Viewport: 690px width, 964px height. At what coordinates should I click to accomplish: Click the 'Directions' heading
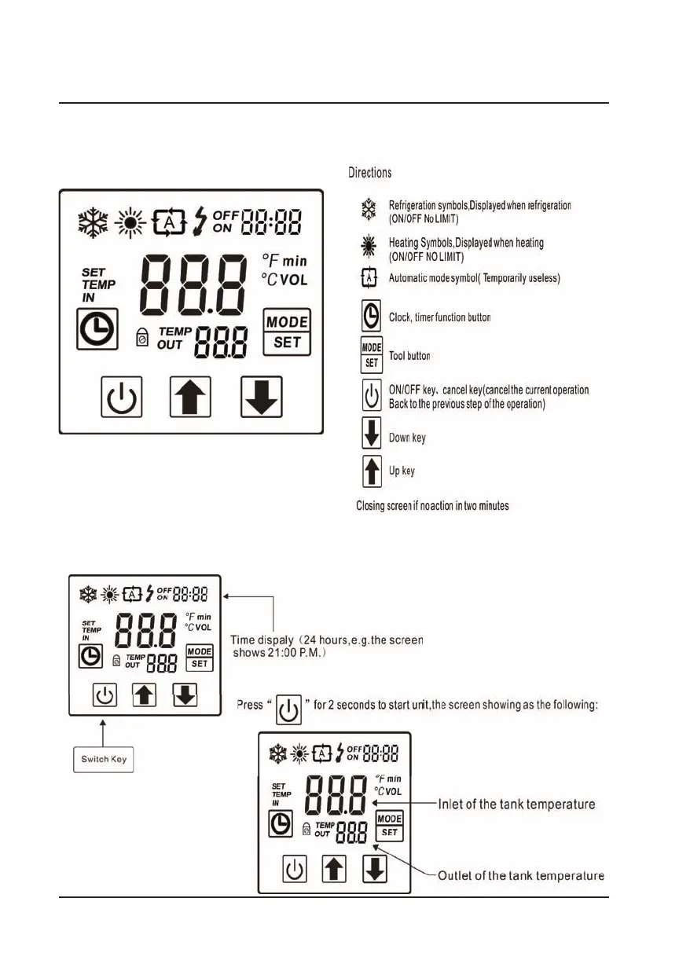(x=370, y=173)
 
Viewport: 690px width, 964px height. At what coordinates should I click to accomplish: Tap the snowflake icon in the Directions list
(x=368, y=209)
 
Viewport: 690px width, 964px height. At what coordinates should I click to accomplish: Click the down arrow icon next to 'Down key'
(x=370, y=437)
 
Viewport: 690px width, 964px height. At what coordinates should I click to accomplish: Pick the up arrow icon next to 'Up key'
(x=370, y=472)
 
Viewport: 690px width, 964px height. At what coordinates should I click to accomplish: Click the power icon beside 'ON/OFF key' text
(x=370, y=395)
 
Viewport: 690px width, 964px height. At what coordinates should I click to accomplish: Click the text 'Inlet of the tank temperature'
(x=516, y=805)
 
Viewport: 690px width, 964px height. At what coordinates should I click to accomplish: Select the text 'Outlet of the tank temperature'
(x=521, y=875)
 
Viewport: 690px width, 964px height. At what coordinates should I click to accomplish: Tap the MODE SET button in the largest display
(x=287, y=332)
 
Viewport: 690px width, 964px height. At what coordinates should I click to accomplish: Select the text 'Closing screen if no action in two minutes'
(x=432, y=506)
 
